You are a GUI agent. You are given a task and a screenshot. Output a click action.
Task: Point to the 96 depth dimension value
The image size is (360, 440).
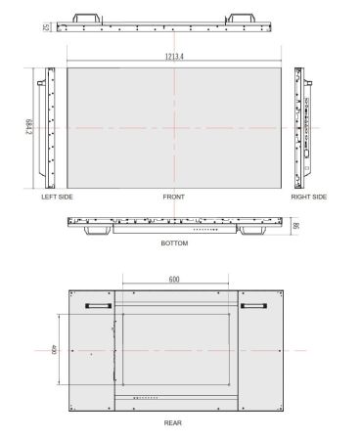(295, 225)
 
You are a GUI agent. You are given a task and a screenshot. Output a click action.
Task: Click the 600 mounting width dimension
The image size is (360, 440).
(174, 280)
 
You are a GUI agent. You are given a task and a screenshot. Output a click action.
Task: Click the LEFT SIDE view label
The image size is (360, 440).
(57, 198)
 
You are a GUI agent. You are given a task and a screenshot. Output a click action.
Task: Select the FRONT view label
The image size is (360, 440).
(174, 198)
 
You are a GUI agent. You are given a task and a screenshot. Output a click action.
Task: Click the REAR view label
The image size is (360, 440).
(174, 423)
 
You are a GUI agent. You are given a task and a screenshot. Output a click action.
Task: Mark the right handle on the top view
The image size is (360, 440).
(241, 18)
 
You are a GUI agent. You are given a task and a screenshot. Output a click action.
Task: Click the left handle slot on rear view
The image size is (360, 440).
(98, 306)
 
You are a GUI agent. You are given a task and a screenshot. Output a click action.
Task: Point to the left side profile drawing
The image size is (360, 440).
(45, 128)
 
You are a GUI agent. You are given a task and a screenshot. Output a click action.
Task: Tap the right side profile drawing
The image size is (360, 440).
(305, 128)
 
